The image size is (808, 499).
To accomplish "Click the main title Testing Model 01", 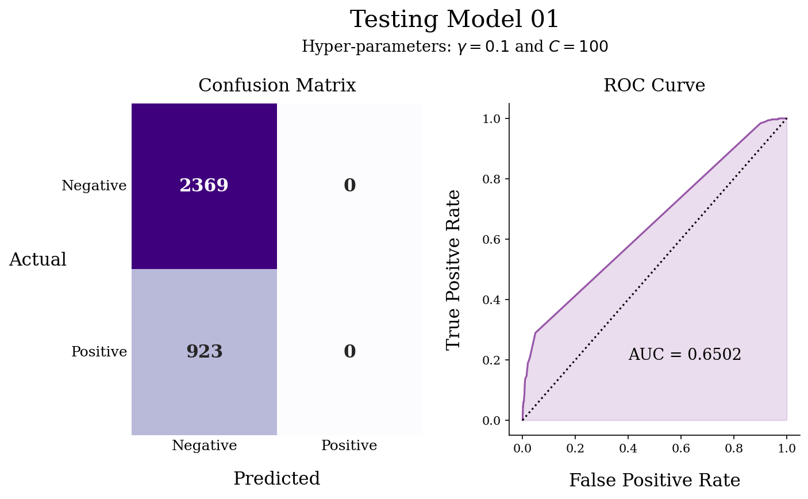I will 454,20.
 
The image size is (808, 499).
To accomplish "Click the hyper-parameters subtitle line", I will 454,47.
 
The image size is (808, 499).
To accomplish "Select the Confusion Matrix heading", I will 277,86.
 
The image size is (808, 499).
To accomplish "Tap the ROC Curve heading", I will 654,86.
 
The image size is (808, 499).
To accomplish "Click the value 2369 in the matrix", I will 204,186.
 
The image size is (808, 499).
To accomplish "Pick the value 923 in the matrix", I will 204,352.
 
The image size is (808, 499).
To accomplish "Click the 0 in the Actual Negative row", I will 349,186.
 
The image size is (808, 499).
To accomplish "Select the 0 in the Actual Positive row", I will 349,352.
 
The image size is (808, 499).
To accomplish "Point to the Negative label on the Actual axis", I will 94,186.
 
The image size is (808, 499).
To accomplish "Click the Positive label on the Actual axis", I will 99,352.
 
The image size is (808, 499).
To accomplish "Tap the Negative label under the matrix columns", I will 204,446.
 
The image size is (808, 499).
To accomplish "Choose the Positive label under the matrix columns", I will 349,446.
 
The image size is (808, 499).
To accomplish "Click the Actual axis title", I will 38,260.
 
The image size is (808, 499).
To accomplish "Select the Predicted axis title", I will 276,479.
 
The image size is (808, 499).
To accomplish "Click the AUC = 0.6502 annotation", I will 684,355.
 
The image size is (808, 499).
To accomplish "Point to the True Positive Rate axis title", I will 454,269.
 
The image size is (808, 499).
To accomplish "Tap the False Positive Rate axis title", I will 654,481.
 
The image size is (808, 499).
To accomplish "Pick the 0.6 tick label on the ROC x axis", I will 681,448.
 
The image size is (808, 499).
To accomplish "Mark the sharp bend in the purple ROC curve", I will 536,332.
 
